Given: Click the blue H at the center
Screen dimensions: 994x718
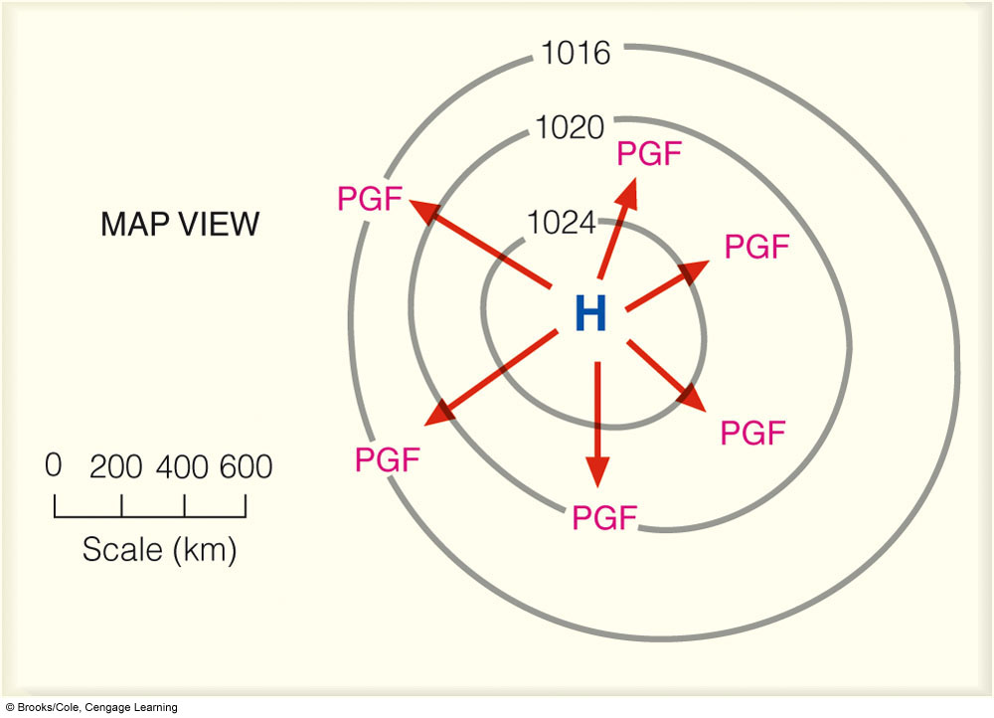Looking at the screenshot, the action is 590,313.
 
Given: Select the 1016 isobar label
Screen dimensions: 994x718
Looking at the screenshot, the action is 576,53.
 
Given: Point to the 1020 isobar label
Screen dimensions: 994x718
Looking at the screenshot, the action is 570,127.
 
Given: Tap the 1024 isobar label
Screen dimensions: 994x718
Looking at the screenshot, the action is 561,223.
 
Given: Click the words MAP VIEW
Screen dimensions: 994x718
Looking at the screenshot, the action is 180,224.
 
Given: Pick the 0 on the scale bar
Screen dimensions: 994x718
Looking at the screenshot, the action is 54,465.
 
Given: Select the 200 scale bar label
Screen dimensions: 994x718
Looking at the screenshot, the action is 116,467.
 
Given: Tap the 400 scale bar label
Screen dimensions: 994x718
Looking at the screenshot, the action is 182,467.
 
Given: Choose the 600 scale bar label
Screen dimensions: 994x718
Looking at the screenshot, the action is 246,466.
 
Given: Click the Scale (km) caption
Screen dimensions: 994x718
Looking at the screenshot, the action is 159,549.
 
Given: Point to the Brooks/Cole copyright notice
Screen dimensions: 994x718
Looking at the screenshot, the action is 91,707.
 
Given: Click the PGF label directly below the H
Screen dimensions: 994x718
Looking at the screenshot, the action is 604,517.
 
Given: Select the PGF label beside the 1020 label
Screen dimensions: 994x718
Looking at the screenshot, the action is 649,153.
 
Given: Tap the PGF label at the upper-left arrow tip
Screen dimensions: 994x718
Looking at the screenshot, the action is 370,199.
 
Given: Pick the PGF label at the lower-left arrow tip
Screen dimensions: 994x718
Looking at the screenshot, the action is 388,459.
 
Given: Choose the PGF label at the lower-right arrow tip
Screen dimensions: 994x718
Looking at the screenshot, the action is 753,434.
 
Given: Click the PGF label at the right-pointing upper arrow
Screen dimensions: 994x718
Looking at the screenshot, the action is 756,247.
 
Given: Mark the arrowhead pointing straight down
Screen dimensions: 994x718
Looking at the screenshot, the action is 597,469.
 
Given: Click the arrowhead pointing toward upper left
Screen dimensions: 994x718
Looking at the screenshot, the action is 424,211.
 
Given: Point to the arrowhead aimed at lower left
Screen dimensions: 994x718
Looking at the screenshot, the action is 439,413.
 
